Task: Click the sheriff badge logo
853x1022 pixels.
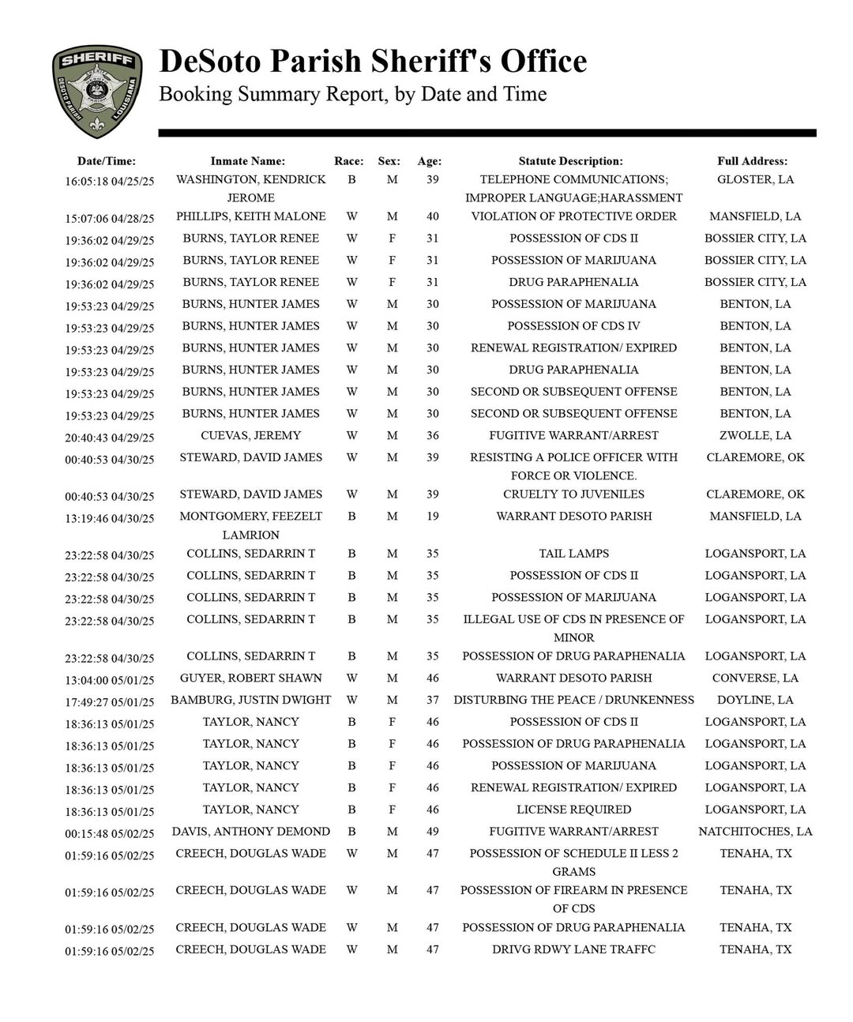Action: click(97, 90)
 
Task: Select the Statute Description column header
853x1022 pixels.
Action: click(570, 161)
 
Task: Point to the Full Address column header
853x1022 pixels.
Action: click(752, 161)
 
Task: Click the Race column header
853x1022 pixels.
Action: click(349, 161)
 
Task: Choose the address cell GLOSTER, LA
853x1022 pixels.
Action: click(755, 179)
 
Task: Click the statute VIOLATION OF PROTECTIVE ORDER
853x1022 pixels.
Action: click(573, 216)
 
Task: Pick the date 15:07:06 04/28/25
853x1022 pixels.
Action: click(110, 218)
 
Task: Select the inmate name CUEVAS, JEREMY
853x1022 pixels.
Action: click(250, 435)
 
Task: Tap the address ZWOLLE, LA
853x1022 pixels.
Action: click(755, 435)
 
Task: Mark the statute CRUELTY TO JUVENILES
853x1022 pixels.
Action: click(573, 494)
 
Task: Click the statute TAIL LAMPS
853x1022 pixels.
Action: click(573, 554)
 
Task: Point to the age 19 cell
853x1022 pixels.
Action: click(432, 517)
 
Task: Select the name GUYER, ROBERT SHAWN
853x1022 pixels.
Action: click(250, 678)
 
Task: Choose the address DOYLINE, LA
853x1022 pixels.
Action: click(755, 700)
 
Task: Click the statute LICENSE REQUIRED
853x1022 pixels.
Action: click(573, 810)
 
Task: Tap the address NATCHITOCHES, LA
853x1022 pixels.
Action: click(755, 832)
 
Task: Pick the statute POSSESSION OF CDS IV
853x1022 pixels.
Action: click(573, 326)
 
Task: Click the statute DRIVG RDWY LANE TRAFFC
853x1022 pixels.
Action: click(573, 949)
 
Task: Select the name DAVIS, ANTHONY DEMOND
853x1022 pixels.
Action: click(250, 832)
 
